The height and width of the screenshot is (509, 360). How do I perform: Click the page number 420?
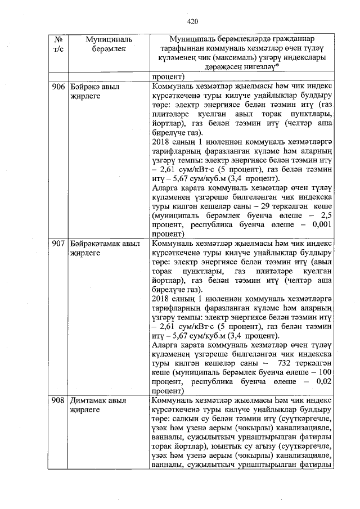[193, 21]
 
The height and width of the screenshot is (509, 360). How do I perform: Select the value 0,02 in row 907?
[323, 381]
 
